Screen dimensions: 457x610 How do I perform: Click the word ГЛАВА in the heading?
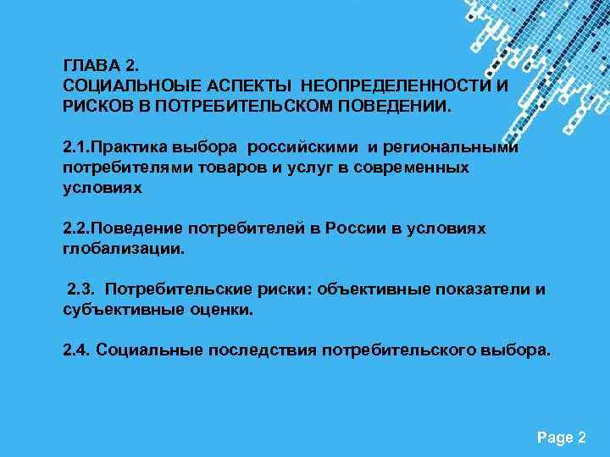point(87,64)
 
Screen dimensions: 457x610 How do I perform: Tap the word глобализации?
point(124,250)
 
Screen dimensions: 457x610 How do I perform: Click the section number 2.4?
point(77,350)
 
